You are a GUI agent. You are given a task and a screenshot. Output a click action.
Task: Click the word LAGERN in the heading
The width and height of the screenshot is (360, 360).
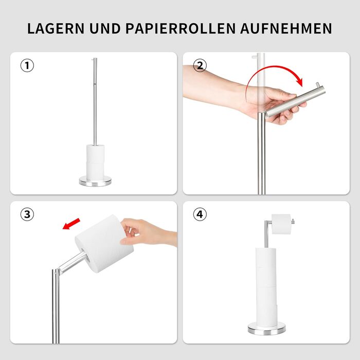[56, 28]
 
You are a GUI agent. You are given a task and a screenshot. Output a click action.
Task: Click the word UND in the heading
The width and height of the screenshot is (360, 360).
[105, 28]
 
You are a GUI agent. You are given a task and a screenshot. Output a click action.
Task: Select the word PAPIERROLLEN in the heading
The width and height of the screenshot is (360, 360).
[181, 28]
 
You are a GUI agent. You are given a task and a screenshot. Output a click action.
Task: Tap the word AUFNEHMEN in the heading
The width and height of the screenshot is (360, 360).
[286, 28]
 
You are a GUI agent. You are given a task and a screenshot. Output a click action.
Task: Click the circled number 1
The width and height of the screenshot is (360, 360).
[27, 65]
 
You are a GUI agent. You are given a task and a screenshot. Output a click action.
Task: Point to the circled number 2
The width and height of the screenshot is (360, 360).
[200, 65]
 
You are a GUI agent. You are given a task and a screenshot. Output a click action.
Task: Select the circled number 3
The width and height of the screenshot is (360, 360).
[27, 214]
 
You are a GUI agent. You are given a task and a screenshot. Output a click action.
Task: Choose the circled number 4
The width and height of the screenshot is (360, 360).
[200, 214]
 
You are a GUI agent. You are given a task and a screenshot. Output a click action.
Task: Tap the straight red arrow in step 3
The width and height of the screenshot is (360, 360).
[71, 224]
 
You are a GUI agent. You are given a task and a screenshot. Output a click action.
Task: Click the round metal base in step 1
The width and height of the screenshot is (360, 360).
[95, 181]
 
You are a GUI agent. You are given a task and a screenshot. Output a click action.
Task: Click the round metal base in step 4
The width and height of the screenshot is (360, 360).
[267, 328]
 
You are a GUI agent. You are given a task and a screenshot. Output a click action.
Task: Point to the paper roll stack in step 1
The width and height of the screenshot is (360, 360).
[95, 162]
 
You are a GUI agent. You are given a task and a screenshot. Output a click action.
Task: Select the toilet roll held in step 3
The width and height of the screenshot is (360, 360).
[104, 244]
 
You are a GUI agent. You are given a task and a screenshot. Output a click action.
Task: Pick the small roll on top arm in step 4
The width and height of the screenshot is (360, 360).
[281, 224]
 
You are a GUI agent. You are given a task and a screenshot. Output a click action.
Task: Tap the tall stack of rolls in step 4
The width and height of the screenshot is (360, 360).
[266, 287]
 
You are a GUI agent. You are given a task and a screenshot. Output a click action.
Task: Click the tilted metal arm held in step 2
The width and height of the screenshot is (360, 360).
[295, 101]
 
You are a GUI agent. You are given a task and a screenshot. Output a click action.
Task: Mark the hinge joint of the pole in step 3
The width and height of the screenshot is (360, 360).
[57, 272]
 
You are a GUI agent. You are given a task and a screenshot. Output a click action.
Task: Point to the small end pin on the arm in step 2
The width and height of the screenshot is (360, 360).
[318, 85]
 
